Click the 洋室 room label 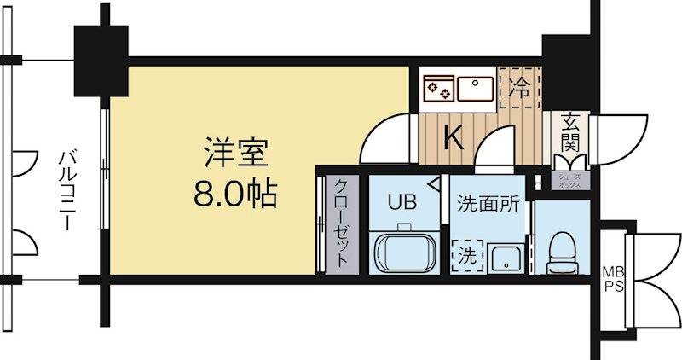pos(236,153)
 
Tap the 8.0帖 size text pos(236,195)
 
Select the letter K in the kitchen pos(453,137)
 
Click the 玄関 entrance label pos(569,134)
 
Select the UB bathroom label pos(402,202)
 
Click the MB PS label pos(614,278)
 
